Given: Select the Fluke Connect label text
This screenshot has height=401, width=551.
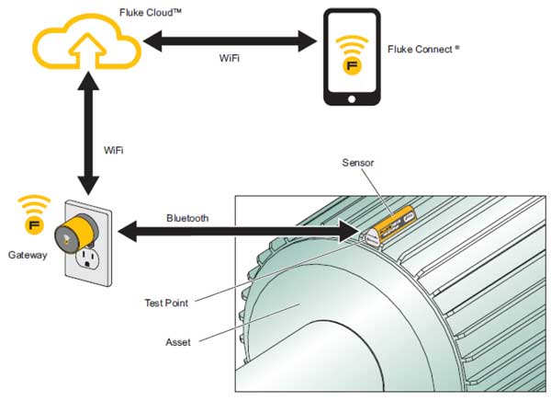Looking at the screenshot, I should [425, 49].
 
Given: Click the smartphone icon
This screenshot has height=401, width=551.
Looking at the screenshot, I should [352, 58].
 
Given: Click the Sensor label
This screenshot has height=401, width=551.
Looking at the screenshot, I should [359, 163].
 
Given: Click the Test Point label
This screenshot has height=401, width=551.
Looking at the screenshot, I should [166, 302].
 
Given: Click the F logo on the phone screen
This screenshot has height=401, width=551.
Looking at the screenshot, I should [352, 67].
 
